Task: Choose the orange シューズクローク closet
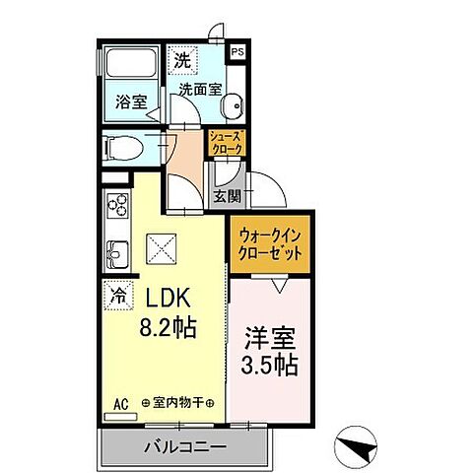[227, 143]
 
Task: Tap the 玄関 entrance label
[227, 196]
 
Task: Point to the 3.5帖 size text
[268, 364]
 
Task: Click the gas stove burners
[117, 208]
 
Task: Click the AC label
[121, 403]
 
